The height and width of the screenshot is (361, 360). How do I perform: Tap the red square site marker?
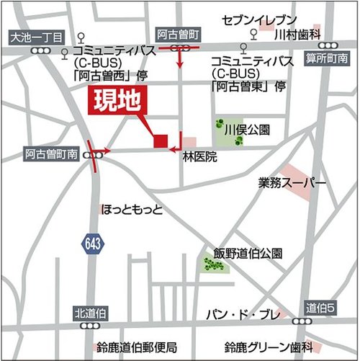click(x=161, y=141)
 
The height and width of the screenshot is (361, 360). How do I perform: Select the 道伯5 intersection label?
click(x=321, y=307)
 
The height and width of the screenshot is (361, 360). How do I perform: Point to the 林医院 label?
click(x=199, y=156)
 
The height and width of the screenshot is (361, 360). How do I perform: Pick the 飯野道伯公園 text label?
click(x=248, y=254)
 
